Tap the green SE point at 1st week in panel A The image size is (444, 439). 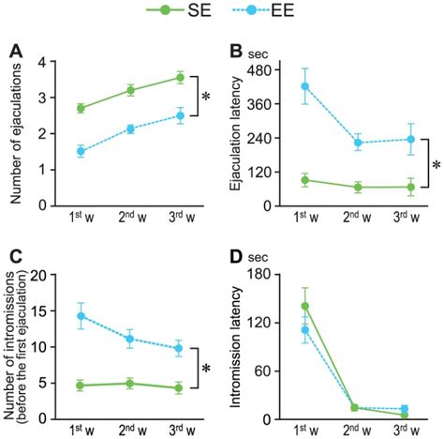pos(81,109)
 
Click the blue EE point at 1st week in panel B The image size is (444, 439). pos(303,86)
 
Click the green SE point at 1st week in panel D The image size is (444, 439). pos(303,306)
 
